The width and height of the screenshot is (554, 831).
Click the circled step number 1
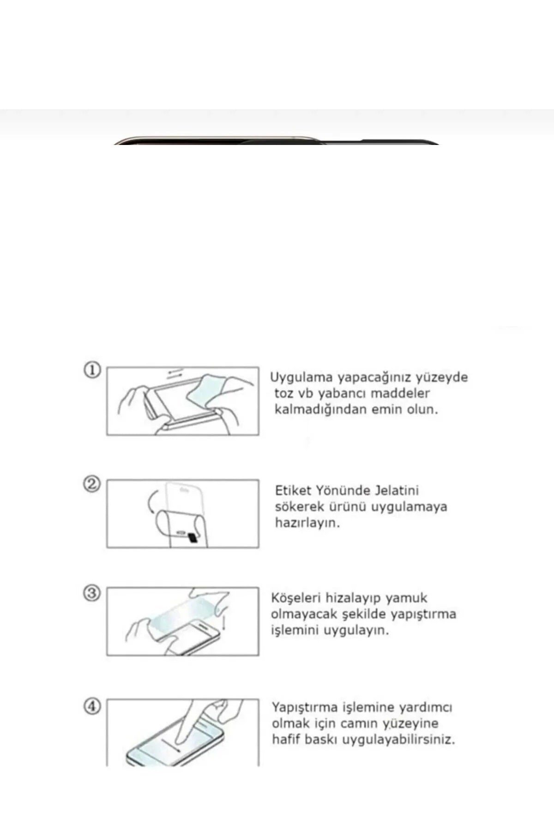click(92, 370)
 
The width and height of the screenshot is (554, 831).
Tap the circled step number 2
click(92, 484)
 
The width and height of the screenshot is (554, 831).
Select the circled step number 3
click(92, 592)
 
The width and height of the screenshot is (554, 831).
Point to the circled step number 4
click(92, 706)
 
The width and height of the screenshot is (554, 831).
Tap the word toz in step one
click(283, 394)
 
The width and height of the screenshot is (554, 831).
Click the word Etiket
click(293, 490)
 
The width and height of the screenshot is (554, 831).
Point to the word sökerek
click(299, 506)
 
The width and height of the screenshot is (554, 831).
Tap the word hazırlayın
click(307, 523)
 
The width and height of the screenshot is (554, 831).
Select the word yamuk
click(406, 598)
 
